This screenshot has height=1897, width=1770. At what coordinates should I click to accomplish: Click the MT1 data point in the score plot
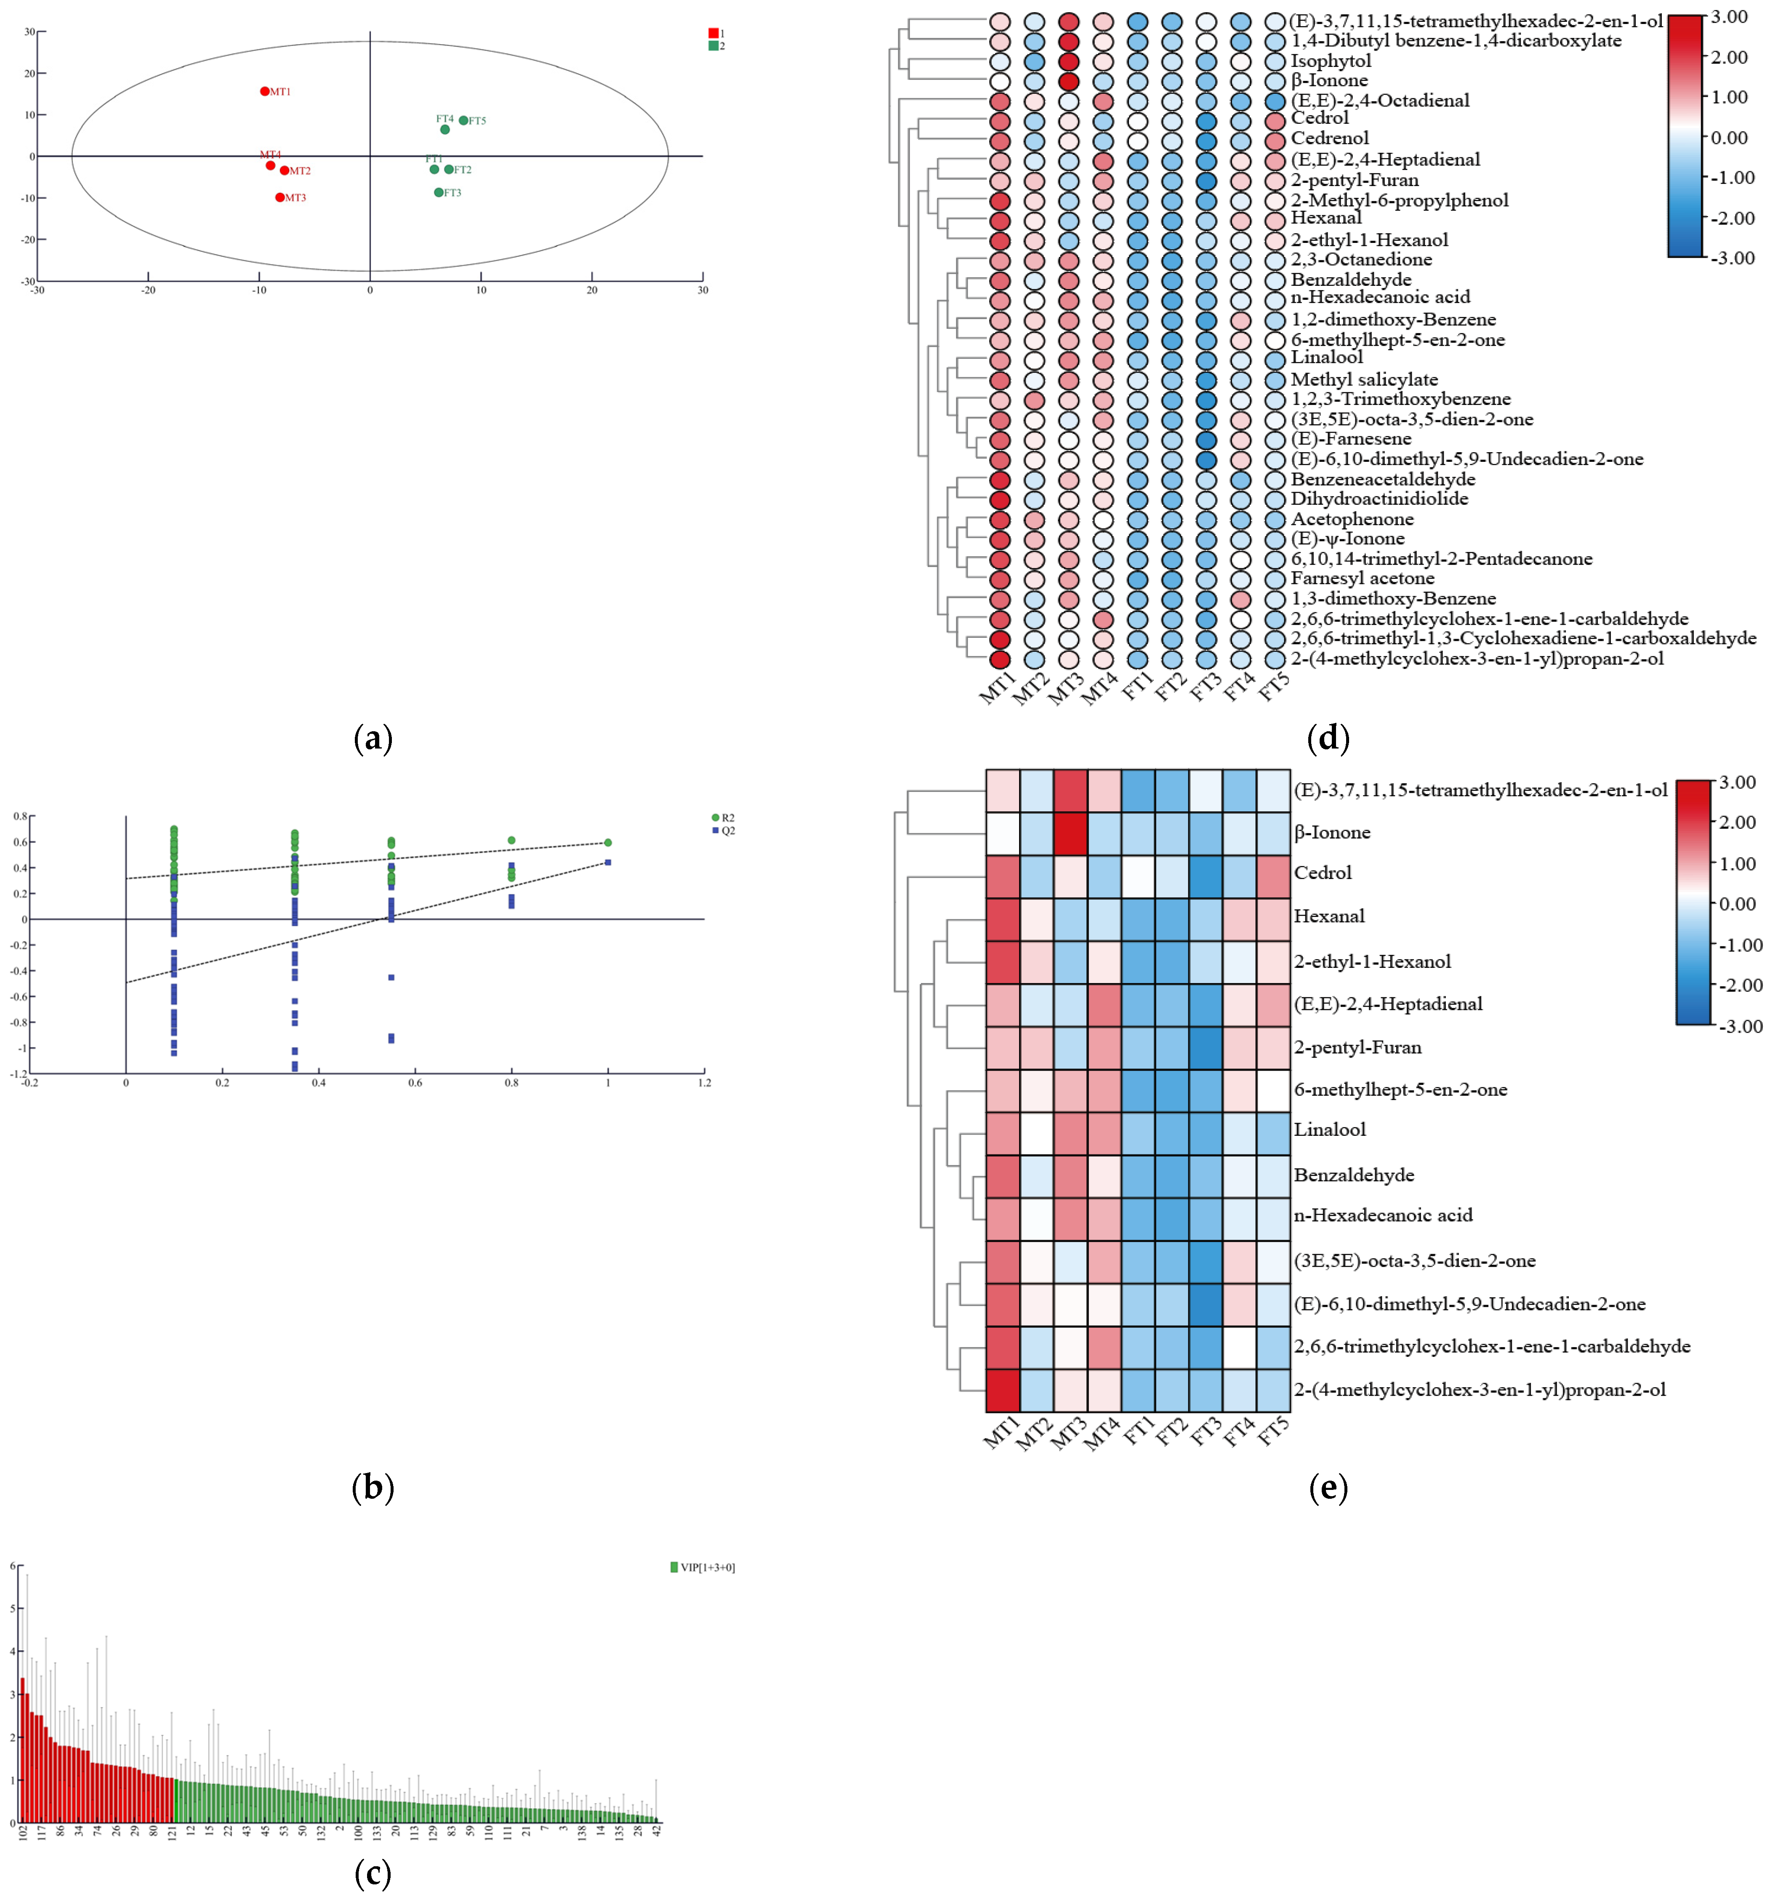(x=264, y=92)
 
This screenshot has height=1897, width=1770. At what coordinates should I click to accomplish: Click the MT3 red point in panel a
(x=279, y=197)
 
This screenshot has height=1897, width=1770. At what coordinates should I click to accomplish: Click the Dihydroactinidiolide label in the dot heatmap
(x=1379, y=499)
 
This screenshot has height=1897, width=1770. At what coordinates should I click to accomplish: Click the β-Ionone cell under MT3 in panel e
(x=1070, y=832)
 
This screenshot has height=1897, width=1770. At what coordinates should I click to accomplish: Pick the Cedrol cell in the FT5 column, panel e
(x=1273, y=872)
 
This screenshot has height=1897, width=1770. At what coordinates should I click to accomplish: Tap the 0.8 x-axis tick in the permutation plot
(x=511, y=1083)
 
